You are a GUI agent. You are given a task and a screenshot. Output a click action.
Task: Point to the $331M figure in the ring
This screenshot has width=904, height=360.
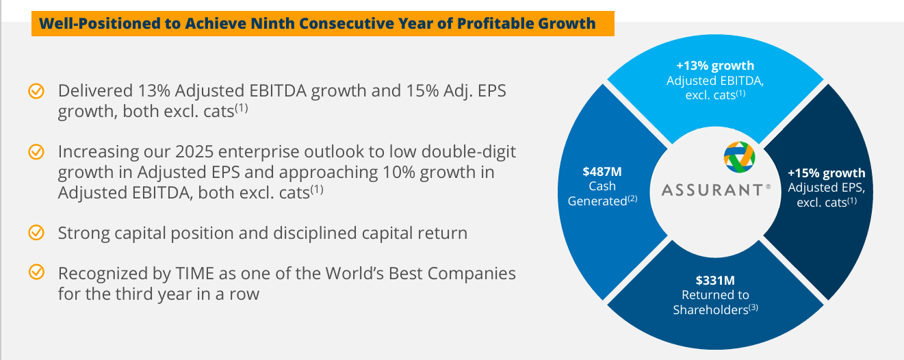[715, 280]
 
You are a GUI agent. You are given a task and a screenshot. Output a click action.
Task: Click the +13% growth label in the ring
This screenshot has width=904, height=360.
[715, 66]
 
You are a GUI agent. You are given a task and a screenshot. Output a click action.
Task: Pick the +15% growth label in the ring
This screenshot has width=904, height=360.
[826, 172]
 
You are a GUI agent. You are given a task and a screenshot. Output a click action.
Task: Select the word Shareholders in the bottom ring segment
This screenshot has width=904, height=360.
[710, 310]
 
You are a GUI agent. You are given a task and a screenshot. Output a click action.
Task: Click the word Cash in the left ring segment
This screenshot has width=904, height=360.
[602, 186]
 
